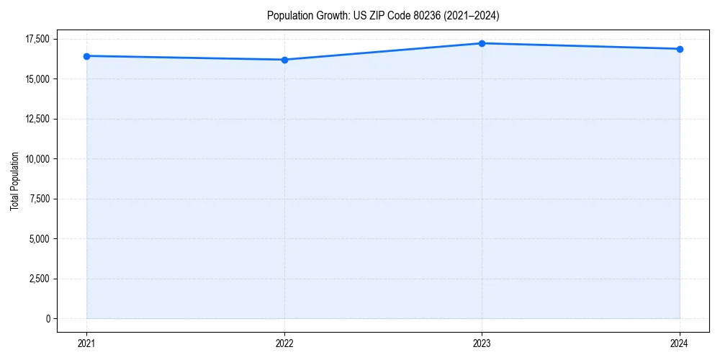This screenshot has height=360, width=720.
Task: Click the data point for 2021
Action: (x=86, y=56)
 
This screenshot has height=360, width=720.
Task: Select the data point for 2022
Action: (x=284, y=60)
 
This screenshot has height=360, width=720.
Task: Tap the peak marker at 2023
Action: (x=482, y=43)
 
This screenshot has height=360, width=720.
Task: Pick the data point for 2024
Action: (x=680, y=49)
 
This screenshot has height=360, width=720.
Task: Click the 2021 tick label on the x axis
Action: (x=86, y=343)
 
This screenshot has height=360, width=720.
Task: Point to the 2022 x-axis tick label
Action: (x=284, y=343)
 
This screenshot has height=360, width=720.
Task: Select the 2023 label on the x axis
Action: (x=482, y=343)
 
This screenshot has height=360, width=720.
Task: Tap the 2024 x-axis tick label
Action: (x=680, y=343)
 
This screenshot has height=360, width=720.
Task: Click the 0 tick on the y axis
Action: (x=48, y=319)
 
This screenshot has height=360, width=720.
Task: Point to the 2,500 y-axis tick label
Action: (x=40, y=279)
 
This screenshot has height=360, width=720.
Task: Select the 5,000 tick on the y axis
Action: (x=40, y=239)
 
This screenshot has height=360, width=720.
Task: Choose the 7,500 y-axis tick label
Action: (x=40, y=199)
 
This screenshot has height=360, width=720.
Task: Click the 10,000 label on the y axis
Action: (x=37, y=159)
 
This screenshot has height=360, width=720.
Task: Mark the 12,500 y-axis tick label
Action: (x=37, y=119)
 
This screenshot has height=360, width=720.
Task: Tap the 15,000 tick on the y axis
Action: (x=37, y=79)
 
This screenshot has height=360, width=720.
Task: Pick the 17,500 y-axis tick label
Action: (x=37, y=39)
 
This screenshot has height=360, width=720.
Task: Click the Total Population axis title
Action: (x=14, y=181)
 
